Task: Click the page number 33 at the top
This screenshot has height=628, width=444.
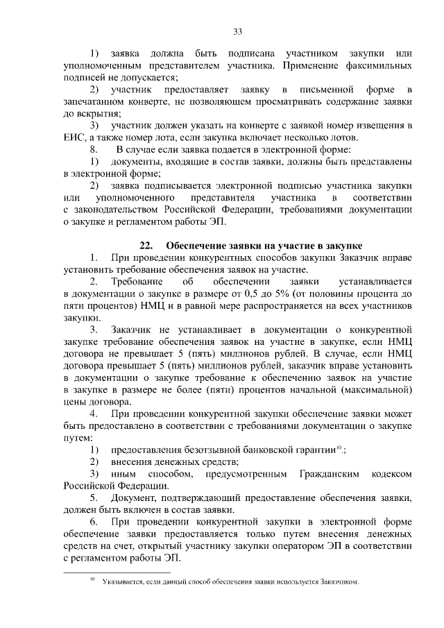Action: pyautogui.click(x=237, y=32)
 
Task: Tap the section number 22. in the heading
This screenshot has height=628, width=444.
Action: pyautogui.click(x=146, y=246)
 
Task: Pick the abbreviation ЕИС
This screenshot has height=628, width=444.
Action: pyautogui.click(x=73, y=137)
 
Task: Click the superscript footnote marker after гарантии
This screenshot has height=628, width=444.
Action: pyautogui.click(x=339, y=446)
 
